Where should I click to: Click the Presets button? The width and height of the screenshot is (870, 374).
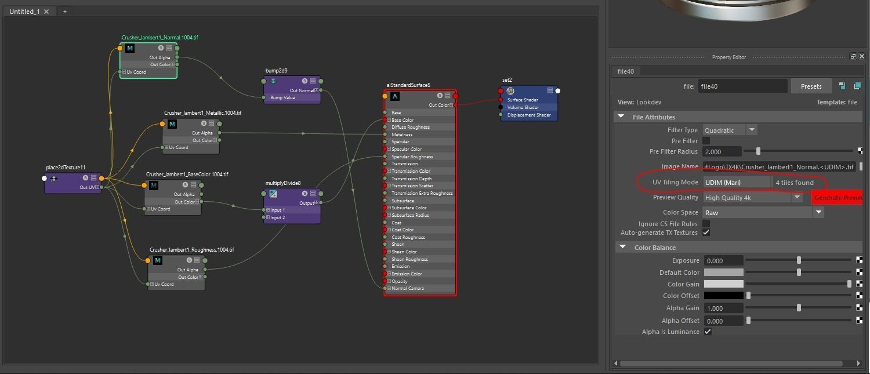tap(811, 86)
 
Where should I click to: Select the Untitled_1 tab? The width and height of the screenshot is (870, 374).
tap(24, 12)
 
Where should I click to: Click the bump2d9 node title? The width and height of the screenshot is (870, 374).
tap(277, 71)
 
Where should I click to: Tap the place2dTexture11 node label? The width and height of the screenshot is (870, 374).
tap(66, 168)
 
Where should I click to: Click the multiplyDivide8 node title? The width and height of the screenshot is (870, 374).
tap(283, 183)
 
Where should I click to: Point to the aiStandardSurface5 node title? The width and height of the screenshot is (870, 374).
tap(408, 85)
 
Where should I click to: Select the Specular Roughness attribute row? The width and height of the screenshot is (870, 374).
tap(412, 157)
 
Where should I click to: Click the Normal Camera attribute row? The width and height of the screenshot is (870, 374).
tap(408, 288)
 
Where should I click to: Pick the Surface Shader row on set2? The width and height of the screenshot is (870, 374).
tap(523, 100)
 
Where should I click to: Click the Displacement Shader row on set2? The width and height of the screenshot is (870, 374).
tap(528, 115)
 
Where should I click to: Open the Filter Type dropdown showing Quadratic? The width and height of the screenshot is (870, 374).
tap(730, 130)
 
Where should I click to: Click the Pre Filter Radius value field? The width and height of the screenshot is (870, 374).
tap(722, 152)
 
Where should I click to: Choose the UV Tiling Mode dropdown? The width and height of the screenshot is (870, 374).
tap(737, 183)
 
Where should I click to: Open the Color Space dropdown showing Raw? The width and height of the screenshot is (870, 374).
tap(763, 213)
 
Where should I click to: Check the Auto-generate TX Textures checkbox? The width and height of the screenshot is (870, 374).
tap(706, 233)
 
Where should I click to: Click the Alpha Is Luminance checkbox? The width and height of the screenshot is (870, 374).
tap(708, 332)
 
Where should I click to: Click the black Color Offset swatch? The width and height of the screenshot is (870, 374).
tap(723, 296)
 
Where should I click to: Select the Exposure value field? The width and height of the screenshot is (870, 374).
tap(723, 261)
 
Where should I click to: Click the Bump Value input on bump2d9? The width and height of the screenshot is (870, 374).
tap(282, 98)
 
